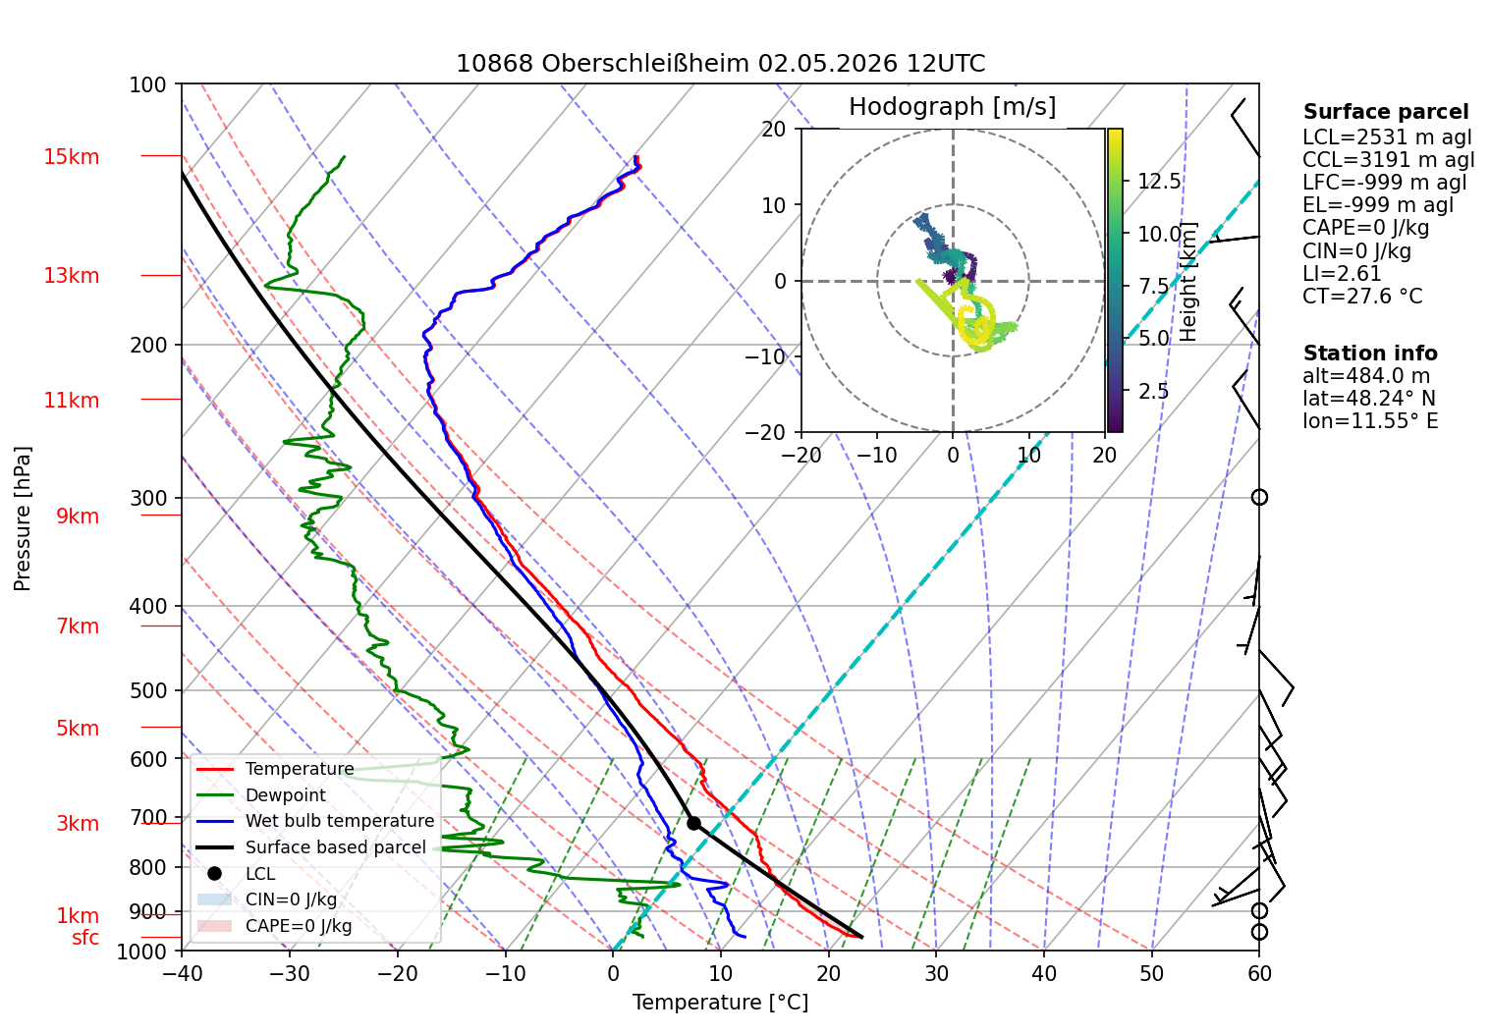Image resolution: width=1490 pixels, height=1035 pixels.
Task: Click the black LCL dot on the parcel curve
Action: pyautogui.click(x=693, y=824)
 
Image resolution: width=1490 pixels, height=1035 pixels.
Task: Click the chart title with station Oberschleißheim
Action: pyautogui.click(x=720, y=64)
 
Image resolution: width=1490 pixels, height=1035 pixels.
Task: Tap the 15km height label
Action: pyautogui.click(x=71, y=157)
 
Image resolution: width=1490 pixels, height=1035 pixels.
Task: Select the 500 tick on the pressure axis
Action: pyautogui.click(x=148, y=691)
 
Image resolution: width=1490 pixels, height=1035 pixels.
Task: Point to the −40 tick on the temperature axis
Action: pyautogui.click(x=182, y=974)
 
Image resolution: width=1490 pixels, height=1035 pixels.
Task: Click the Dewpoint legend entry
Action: pyautogui.click(x=286, y=795)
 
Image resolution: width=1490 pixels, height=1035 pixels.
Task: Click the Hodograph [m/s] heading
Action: pyautogui.click(x=952, y=107)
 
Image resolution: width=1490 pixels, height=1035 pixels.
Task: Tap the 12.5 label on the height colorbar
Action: pyautogui.click(x=1159, y=181)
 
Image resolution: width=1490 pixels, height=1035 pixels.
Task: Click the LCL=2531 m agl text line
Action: pyautogui.click(x=1387, y=137)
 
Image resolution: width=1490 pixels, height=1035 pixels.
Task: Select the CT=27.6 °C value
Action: pyautogui.click(x=1362, y=296)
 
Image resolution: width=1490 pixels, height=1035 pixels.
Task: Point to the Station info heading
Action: pyautogui.click(x=1370, y=354)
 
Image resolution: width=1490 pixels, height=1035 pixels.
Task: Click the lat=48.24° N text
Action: pyautogui.click(x=1369, y=399)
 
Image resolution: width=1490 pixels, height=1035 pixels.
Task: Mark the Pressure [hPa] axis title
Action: pyautogui.click(x=22, y=518)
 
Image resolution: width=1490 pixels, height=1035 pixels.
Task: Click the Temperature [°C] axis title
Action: pyautogui.click(x=720, y=1003)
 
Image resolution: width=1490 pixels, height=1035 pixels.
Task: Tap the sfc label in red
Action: pyautogui.click(x=85, y=938)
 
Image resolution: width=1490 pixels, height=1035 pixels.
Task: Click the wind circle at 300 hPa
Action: pyautogui.click(x=1259, y=498)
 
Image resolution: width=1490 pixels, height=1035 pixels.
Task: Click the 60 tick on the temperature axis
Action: pyautogui.click(x=1259, y=974)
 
